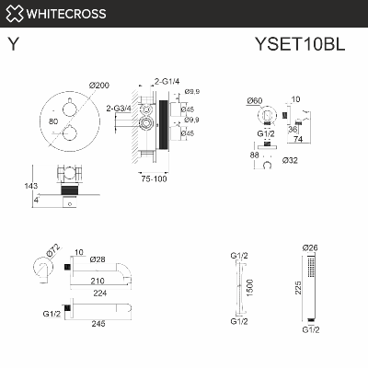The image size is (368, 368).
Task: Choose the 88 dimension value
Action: click(x=254, y=156)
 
